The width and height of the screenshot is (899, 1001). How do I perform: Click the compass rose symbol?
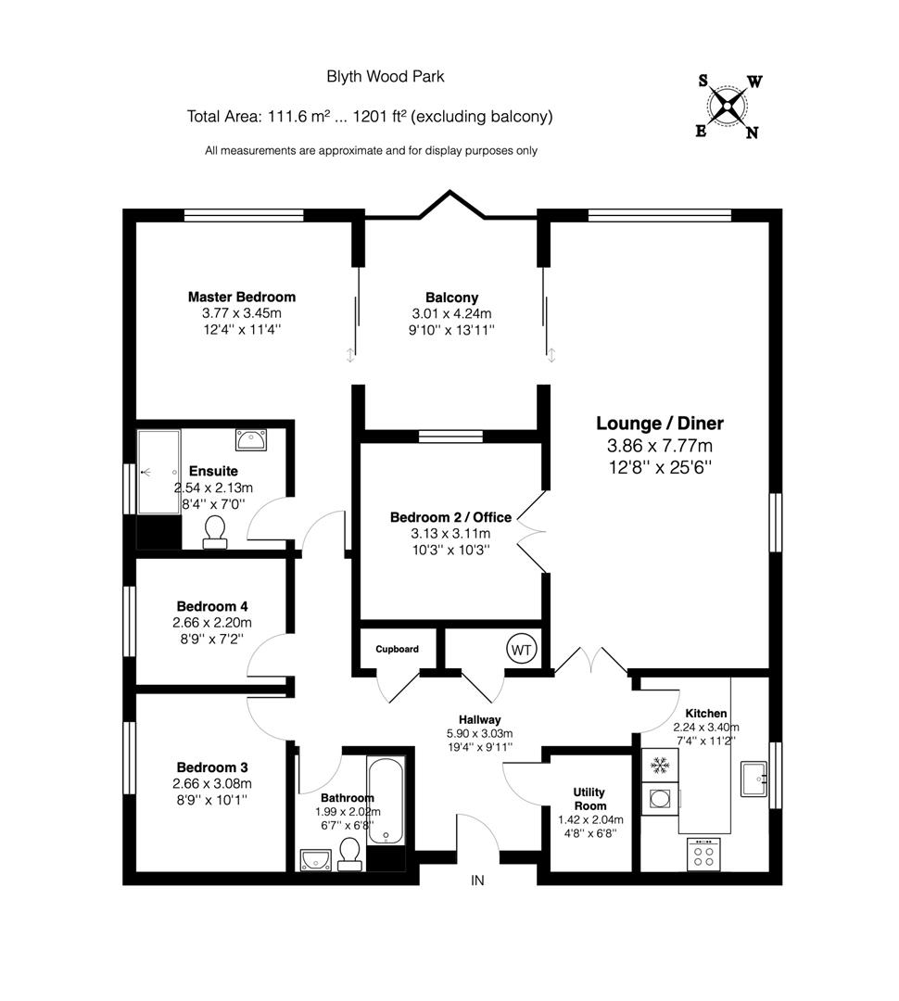(729, 106)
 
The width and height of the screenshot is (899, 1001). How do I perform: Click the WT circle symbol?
(521, 649)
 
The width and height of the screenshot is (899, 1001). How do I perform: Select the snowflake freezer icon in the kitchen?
(660, 766)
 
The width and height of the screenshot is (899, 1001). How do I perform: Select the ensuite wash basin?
(250, 437)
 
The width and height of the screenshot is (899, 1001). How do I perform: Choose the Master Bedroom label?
(242, 297)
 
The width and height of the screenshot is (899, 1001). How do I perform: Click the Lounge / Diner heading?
(659, 424)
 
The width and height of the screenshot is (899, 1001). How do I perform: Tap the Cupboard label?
(397, 649)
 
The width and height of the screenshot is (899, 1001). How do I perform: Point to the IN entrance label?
(477, 881)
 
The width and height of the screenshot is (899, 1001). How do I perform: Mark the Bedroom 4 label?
(212, 606)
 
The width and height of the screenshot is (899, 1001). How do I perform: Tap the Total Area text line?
(370, 117)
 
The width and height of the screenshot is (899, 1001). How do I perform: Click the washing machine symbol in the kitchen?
(661, 798)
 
